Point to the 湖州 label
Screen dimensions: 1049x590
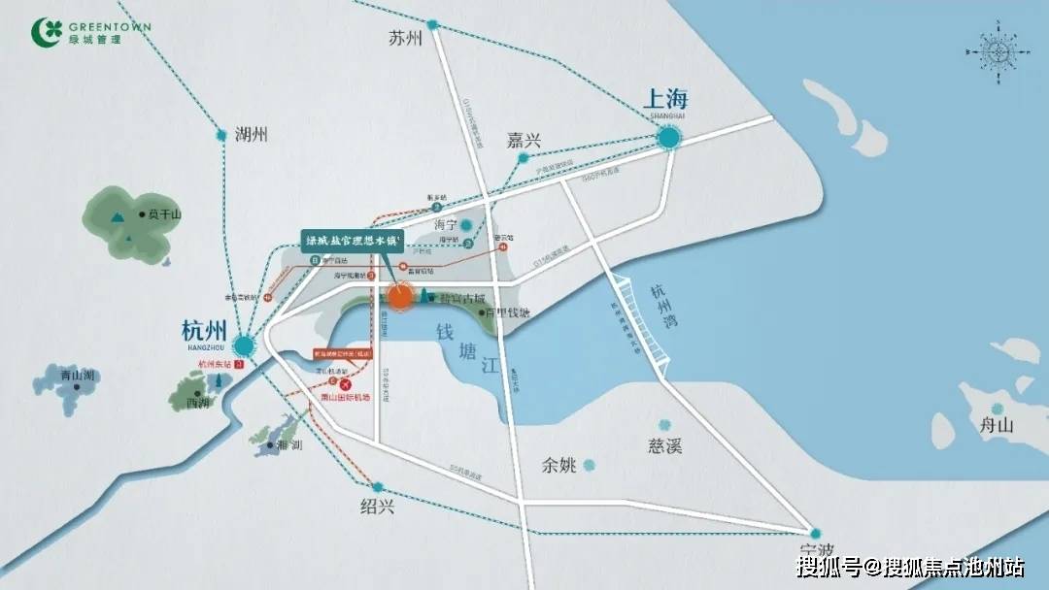pos(251,135)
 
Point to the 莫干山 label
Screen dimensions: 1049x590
pos(161,214)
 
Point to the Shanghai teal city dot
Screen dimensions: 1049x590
pos(668,139)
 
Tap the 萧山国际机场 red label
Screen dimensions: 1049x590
pos(345,397)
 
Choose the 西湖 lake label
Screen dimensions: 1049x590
pos(198,403)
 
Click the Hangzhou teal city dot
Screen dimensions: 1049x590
pos(243,344)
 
